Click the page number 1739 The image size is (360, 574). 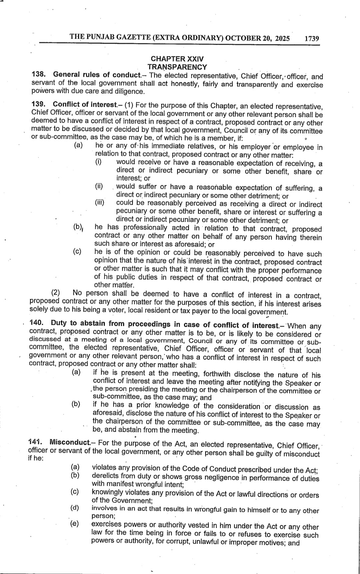coord(312,38)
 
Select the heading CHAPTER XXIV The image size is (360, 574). coord(177,59)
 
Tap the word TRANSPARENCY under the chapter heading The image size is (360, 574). coord(177,67)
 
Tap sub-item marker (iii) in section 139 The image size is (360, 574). coord(99,202)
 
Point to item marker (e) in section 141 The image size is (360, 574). coord(74,523)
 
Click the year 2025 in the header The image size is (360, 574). coord(282,38)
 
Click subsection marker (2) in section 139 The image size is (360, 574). coord(55,293)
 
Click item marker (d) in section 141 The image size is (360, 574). coord(74,508)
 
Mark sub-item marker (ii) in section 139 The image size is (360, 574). coord(99,186)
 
